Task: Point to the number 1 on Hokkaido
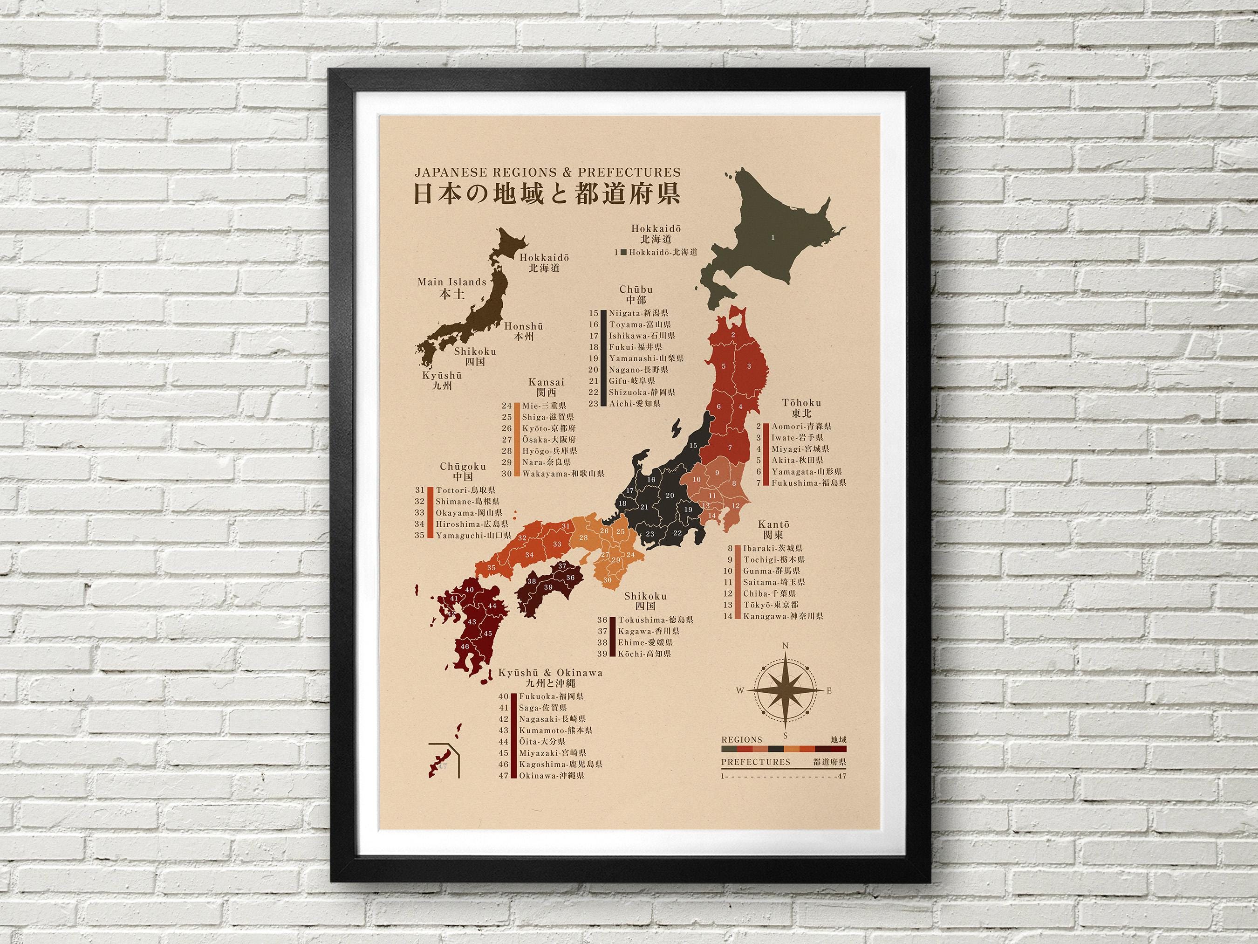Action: pos(773,238)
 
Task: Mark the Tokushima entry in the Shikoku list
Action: pos(656,620)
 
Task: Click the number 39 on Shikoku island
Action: pos(548,587)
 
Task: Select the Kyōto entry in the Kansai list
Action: pos(547,428)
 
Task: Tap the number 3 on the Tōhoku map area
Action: pos(749,366)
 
